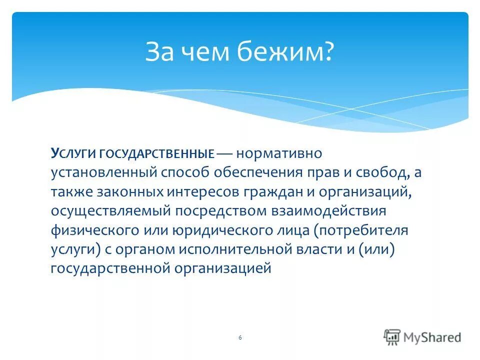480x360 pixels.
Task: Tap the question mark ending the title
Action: pos(328,52)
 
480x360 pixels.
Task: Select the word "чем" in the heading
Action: pos(206,52)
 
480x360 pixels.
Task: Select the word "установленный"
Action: pos(103,173)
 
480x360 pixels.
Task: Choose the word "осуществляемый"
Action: pos(110,211)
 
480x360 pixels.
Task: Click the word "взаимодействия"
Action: pos(328,211)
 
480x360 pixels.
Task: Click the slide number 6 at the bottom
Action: pos(240,338)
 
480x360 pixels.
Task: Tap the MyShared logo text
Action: pos(430,337)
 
